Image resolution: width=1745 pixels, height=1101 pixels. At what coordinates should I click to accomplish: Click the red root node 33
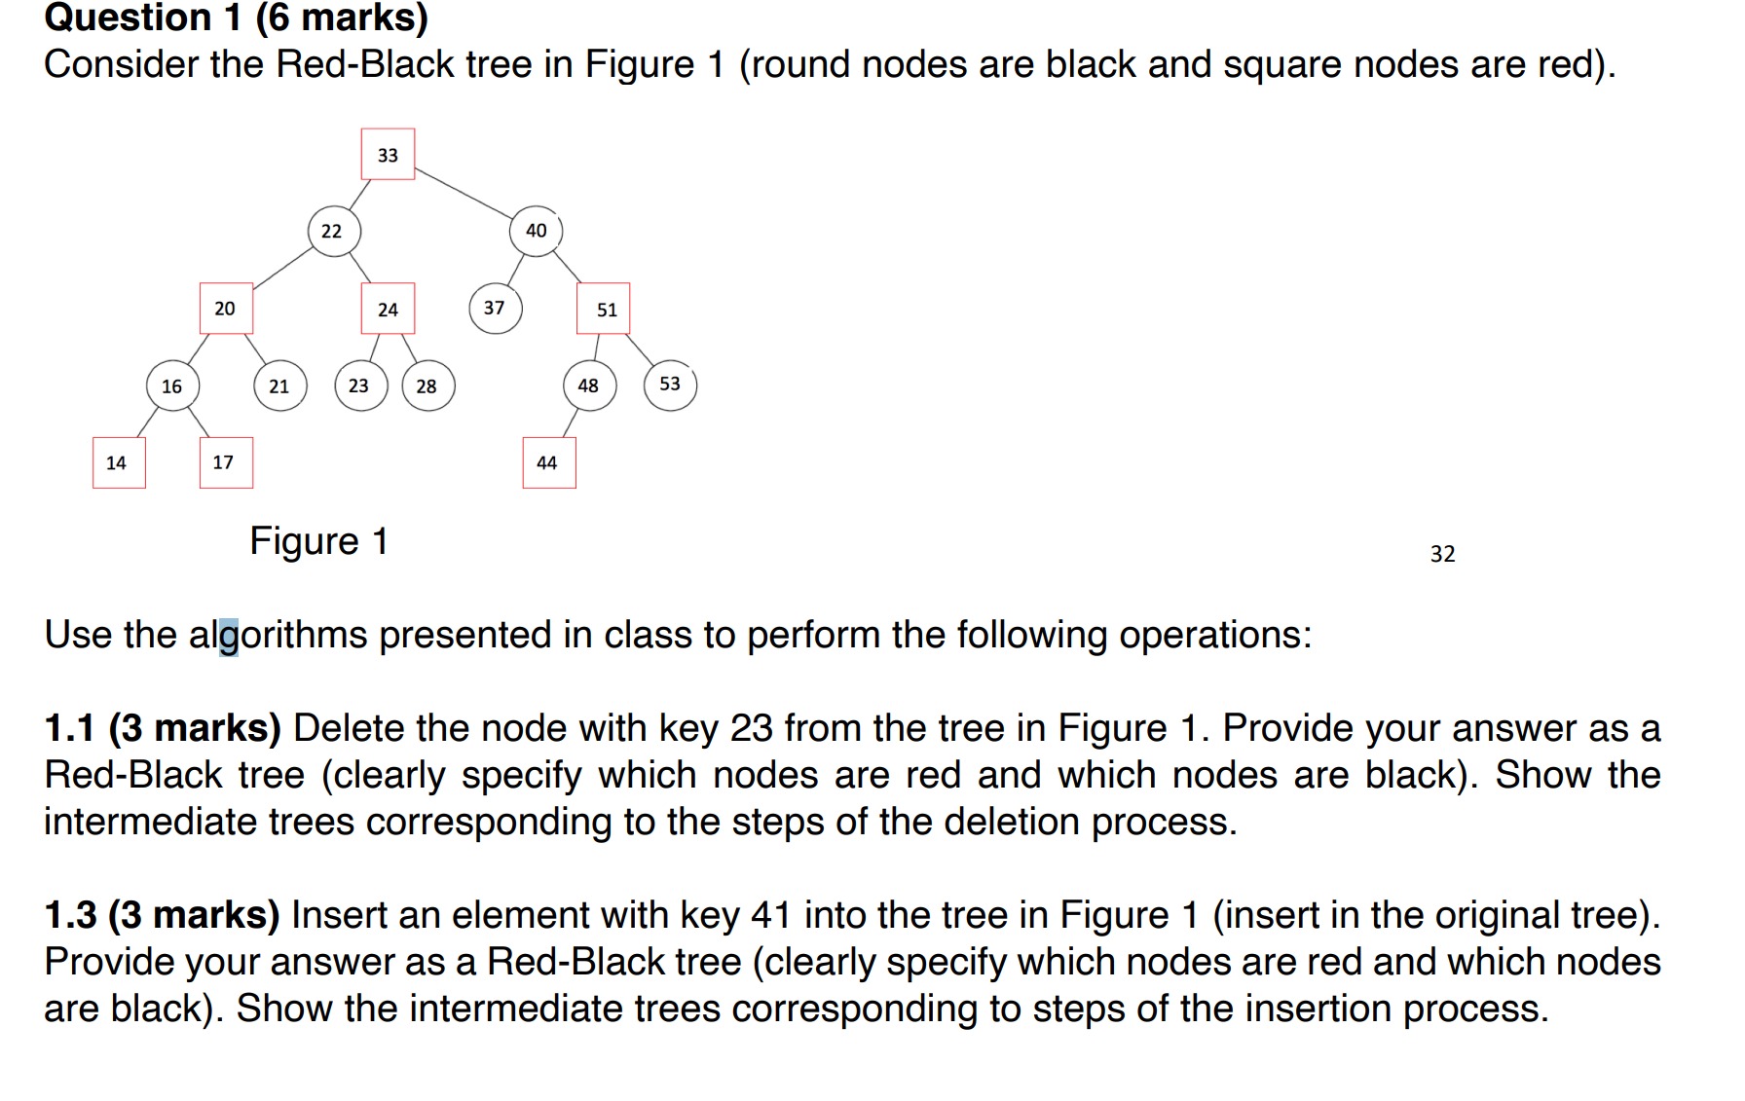tap(388, 154)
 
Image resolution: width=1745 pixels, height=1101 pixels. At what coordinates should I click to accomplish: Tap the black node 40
tap(536, 231)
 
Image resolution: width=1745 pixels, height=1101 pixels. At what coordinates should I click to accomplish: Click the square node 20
tap(226, 309)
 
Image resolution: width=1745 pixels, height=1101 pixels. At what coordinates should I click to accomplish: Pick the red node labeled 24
tap(388, 309)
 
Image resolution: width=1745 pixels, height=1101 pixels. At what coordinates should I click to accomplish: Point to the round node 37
tap(495, 308)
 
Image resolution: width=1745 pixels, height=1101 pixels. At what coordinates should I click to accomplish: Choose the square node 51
tap(604, 309)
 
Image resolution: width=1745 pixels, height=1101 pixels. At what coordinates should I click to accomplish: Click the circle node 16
tap(173, 385)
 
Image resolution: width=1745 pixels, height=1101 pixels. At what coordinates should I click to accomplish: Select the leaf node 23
tap(359, 385)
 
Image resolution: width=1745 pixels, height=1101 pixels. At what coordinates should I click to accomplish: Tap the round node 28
tap(427, 385)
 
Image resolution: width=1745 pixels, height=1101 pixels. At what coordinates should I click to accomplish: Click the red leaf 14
tap(119, 462)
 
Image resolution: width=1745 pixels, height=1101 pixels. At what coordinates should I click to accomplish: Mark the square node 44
tap(548, 462)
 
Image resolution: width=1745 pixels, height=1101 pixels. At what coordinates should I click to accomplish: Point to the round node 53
tap(670, 385)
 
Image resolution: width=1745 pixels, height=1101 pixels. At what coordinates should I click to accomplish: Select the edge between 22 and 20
tap(282, 269)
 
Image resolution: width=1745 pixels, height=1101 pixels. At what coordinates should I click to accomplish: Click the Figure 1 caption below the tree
tap(318, 541)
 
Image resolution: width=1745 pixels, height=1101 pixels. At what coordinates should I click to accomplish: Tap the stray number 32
tap(1442, 554)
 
